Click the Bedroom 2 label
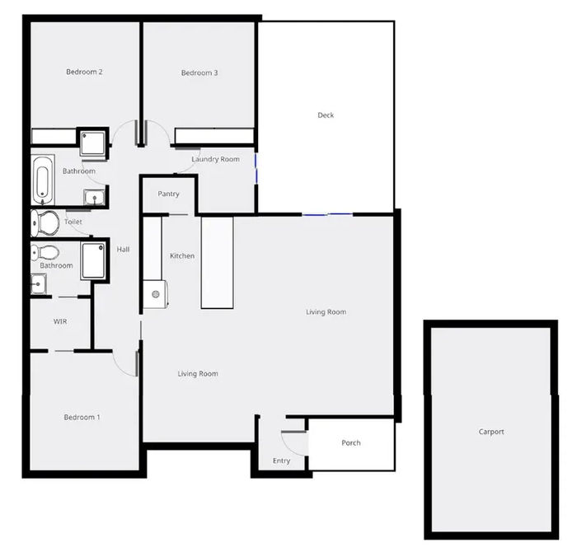pos(84,72)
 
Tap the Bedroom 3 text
pos(199,73)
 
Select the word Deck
pos(326,115)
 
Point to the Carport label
pos(491,432)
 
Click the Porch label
pos(351,443)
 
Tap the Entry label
pos(281,461)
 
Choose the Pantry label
pos(168,194)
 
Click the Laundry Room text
pos(215,159)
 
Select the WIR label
pos(59,321)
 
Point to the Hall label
pos(123,250)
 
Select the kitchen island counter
pos(218,262)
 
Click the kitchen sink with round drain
pos(156,293)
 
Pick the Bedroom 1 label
pos(82,418)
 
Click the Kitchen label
pos(182,256)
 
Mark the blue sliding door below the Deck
pos(327,215)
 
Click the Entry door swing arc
pos(293,438)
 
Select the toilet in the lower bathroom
pos(45,252)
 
